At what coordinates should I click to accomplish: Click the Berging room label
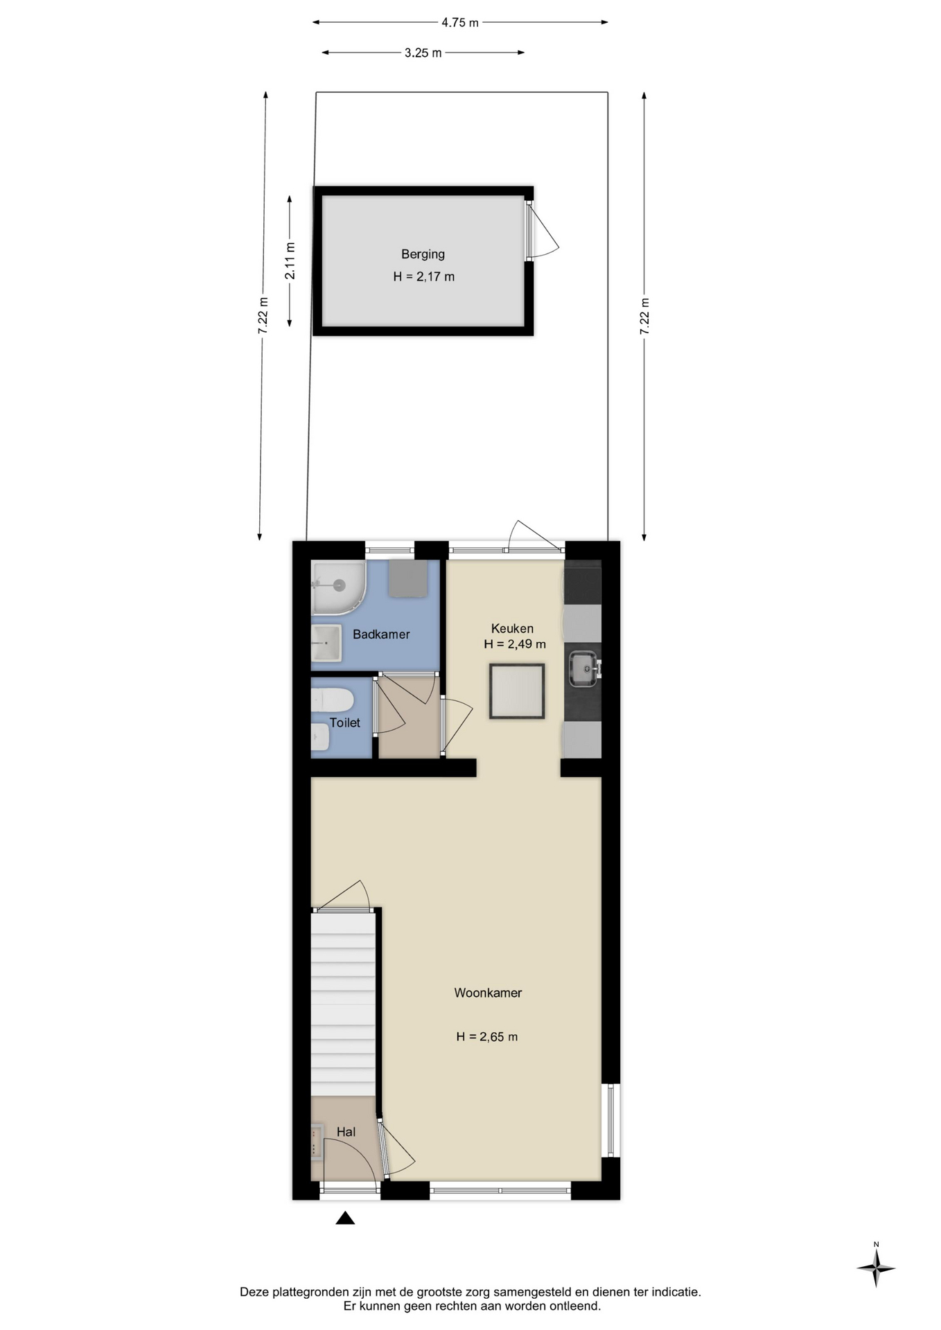pyautogui.click(x=423, y=254)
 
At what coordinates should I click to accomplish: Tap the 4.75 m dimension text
pyautogui.click(x=460, y=22)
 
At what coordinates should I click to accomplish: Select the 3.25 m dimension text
pyautogui.click(x=423, y=53)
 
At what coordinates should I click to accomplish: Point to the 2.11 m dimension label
pyautogui.click(x=290, y=261)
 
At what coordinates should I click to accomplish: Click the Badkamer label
pyautogui.click(x=381, y=634)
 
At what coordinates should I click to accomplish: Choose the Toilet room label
pyautogui.click(x=344, y=722)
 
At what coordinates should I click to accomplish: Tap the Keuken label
pyautogui.click(x=512, y=628)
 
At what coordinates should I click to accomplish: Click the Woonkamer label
pyautogui.click(x=488, y=993)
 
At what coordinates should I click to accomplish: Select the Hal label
pyautogui.click(x=346, y=1131)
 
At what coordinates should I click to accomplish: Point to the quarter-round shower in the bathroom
pyautogui.click(x=337, y=587)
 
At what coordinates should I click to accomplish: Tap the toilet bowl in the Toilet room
pyautogui.click(x=331, y=700)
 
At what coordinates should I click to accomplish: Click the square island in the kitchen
pyautogui.click(x=517, y=691)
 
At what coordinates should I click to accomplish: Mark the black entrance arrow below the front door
pyautogui.click(x=345, y=1218)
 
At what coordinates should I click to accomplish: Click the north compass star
pyautogui.click(x=876, y=1268)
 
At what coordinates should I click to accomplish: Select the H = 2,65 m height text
pyautogui.click(x=486, y=1037)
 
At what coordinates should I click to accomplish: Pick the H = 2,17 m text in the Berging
pyautogui.click(x=423, y=276)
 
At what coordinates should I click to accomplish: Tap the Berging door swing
pyautogui.click(x=543, y=231)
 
